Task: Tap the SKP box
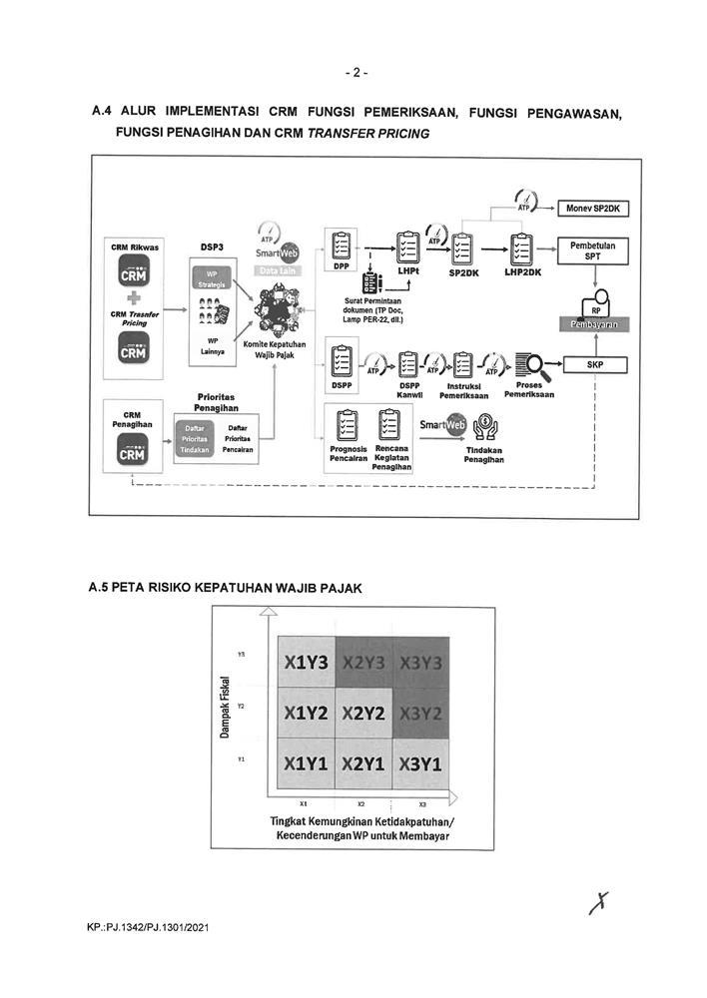[598, 365]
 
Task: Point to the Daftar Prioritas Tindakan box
[198, 439]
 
